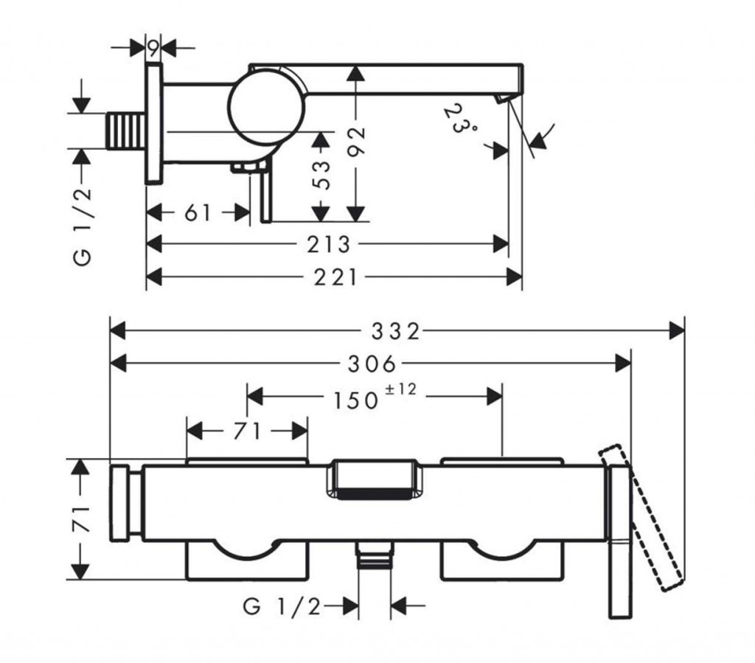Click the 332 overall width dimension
point(396,331)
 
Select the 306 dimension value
point(372,364)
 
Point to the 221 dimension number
point(335,277)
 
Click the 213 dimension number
point(329,245)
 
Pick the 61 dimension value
point(198,212)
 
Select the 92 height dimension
point(356,141)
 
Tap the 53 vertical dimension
point(321,175)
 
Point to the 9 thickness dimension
point(153,48)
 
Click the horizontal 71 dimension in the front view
point(247,431)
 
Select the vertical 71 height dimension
point(80,519)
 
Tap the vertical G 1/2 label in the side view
point(83,226)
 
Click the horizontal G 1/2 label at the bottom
point(282,606)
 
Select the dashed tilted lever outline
point(641,518)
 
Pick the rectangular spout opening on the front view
point(375,479)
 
